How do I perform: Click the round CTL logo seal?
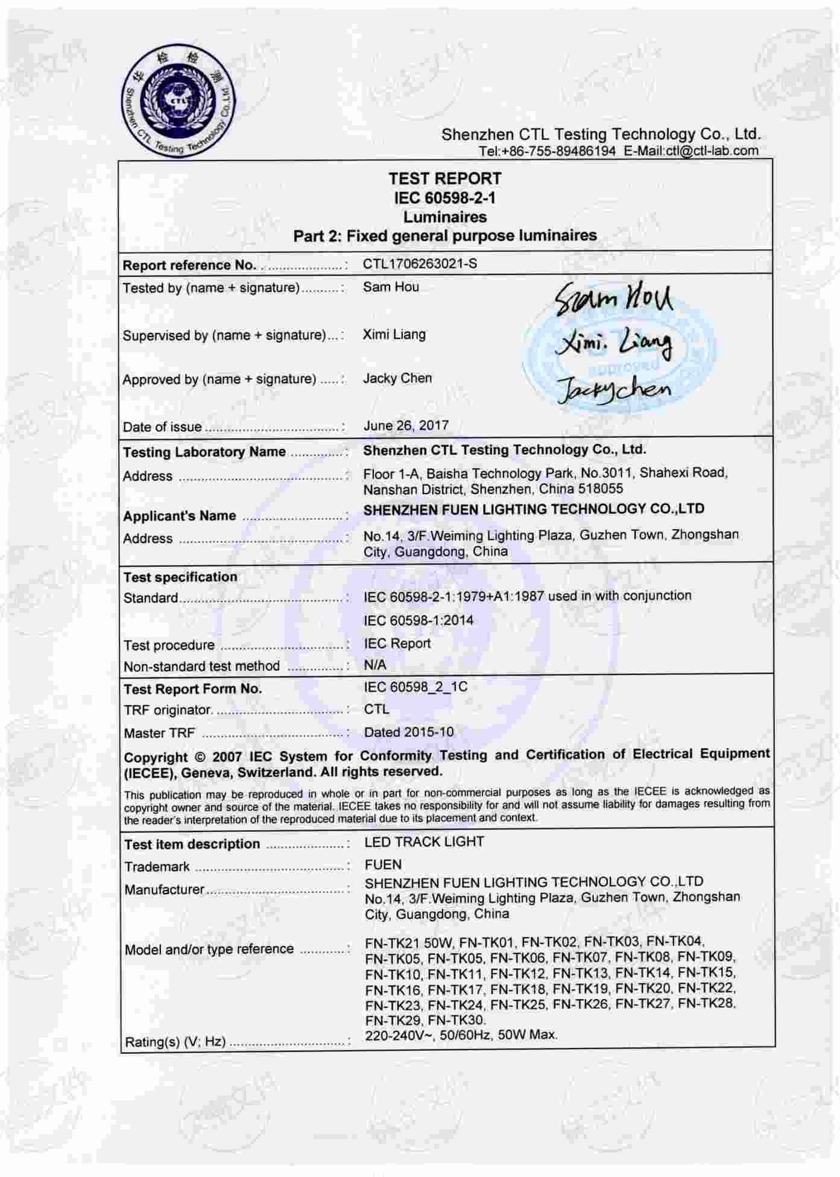[178, 102]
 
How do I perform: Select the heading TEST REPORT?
[444, 179]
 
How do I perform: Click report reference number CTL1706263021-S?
[420, 264]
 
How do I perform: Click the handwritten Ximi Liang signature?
[613, 343]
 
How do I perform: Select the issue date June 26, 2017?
[406, 425]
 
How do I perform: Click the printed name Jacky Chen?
[397, 378]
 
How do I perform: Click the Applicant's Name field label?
[180, 516]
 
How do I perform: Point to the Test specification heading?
[180, 577]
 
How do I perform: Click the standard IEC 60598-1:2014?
[418, 620]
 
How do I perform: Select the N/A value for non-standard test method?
[375, 665]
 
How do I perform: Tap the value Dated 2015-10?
[409, 732]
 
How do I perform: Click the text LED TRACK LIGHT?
[425, 842]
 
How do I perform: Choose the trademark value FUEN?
[383, 865]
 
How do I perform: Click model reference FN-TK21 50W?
[409, 942]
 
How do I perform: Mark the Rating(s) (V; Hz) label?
[175, 1041]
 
